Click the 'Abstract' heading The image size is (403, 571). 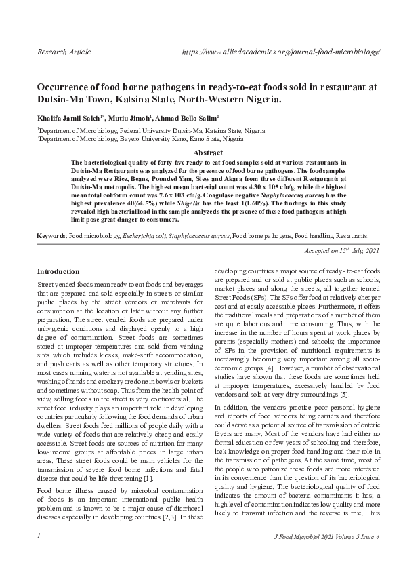(208, 153)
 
